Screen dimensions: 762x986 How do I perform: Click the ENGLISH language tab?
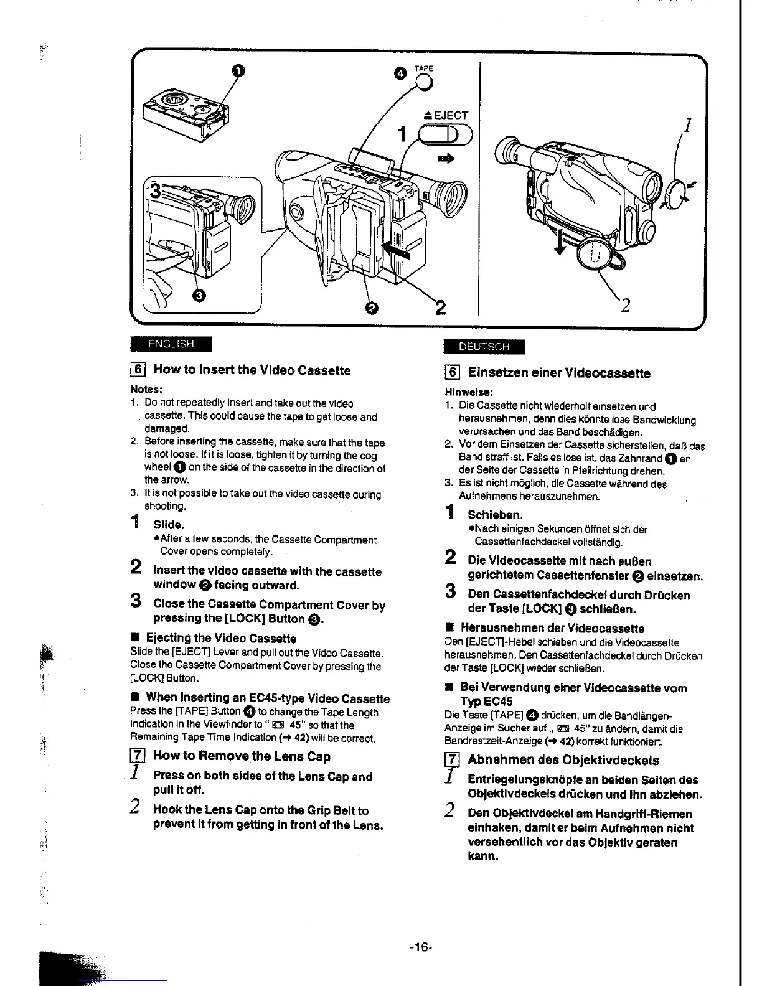[x=171, y=344]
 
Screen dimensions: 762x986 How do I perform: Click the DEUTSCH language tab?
[x=484, y=347]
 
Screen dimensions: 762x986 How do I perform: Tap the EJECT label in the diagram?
[x=445, y=115]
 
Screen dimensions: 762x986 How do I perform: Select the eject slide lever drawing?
[x=446, y=134]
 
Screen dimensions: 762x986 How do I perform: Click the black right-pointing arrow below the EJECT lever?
[x=446, y=159]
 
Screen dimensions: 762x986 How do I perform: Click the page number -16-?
[x=420, y=947]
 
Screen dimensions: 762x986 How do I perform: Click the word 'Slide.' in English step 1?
[x=169, y=525]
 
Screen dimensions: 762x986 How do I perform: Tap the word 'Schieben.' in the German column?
[x=495, y=515]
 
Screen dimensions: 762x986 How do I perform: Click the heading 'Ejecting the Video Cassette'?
[x=220, y=638]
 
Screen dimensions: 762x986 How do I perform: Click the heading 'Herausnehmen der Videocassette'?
[x=552, y=628]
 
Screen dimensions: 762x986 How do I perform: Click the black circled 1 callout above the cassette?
[x=236, y=71]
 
